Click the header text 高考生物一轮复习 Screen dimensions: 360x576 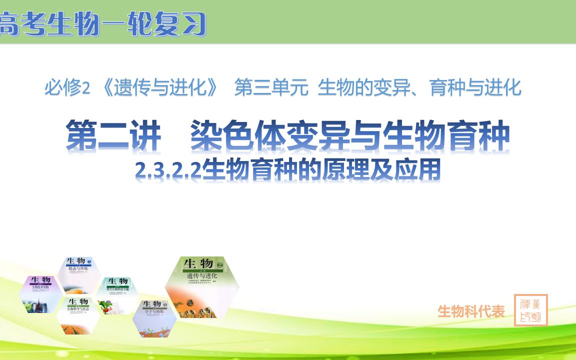pos(102,24)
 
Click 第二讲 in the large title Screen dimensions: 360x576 pos(114,136)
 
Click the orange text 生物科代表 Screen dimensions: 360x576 pos(471,311)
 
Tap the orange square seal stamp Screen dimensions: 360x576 pos(530,310)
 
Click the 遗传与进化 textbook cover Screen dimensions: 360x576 pos(202,287)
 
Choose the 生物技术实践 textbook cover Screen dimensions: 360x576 pos(41,294)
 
